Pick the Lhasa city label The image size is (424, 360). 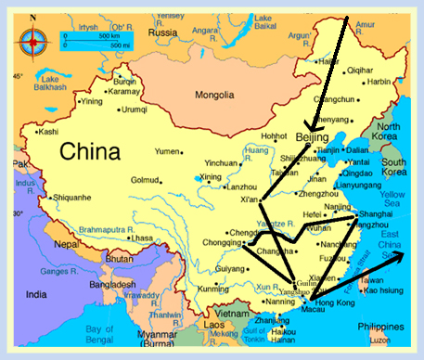(141, 238)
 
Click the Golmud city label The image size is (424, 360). (147, 180)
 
